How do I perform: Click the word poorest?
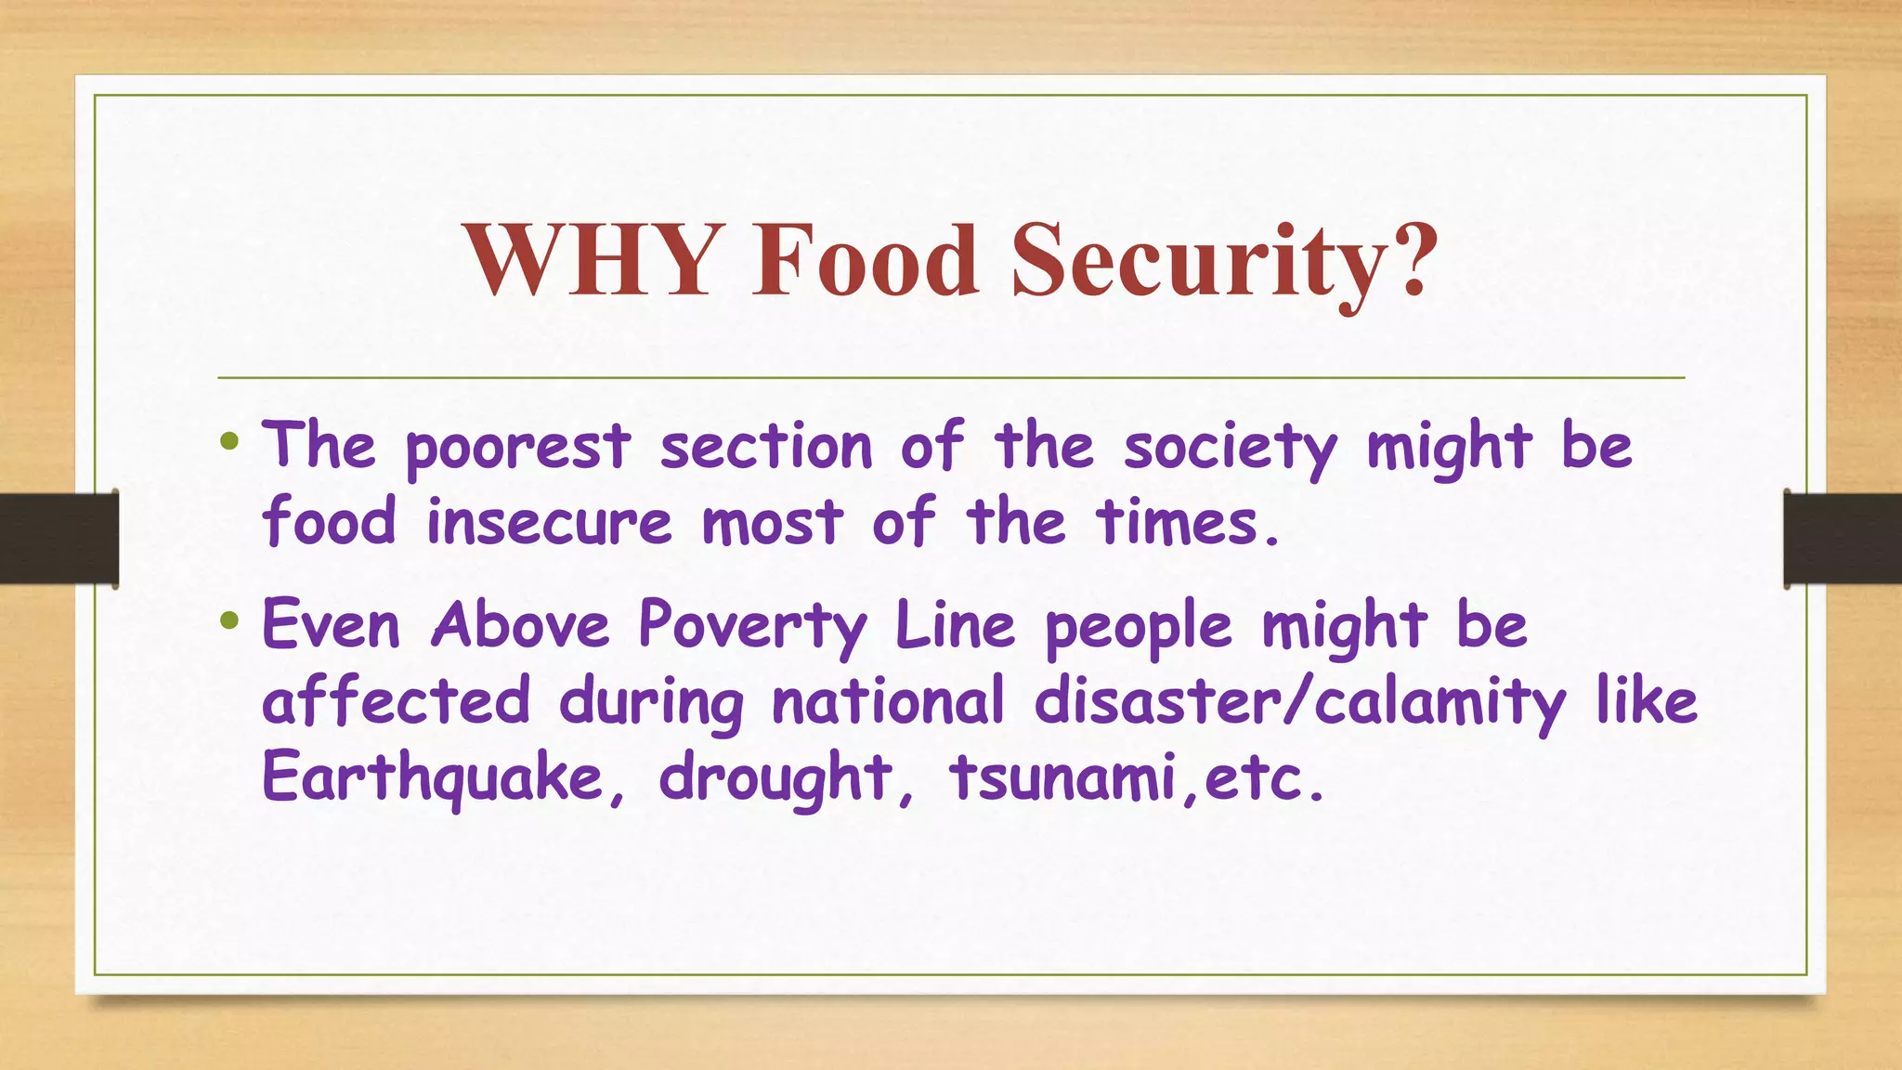[x=518, y=449]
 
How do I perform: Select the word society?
[x=1231, y=449]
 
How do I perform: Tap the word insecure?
[x=549, y=522]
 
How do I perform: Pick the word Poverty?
[x=753, y=627]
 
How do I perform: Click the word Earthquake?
[x=433, y=778]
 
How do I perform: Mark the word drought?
[x=775, y=778]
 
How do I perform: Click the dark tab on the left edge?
[x=59, y=539]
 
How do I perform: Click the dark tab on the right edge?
[x=1843, y=539]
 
